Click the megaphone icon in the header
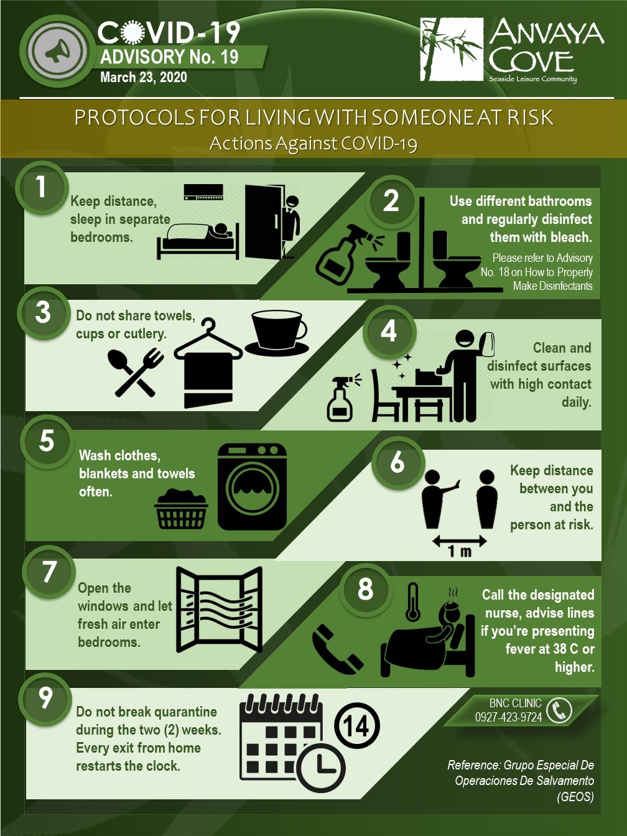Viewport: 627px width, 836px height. pyautogui.click(x=57, y=52)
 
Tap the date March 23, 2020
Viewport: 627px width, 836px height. pyautogui.click(x=144, y=78)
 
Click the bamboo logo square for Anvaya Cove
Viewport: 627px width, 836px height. pyautogui.click(x=452, y=49)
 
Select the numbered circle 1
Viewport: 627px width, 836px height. pyautogui.click(x=40, y=187)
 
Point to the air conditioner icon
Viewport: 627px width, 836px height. pyautogui.click(x=203, y=192)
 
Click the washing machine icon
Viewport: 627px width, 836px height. pyautogui.click(x=252, y=487)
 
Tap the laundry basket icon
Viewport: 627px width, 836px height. pyautogui.click(x=181, y=509)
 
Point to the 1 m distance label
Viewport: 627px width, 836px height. pyautogui.click(x=460, y=551)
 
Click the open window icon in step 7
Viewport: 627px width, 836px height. pyautogui.click(x=220, y=610)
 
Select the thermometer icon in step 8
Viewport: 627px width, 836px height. pyautogui.click(x=412, y=602)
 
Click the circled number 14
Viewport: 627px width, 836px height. pyautogui.click(x=357, y=725)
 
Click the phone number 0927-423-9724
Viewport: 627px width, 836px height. pyautogui.click(x=508, y=717)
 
